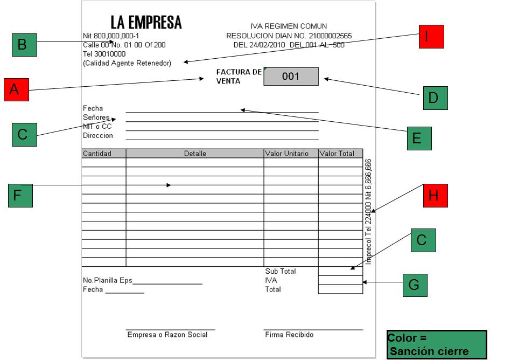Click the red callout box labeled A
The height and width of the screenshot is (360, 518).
[16, 89]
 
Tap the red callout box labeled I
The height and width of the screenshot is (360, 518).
[431, 37]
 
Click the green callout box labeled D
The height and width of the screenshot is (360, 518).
[435, 98]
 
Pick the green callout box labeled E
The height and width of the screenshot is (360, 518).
[419, 138]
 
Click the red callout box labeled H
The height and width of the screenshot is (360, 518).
[435, 196]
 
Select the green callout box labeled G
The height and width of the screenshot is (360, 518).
[415, 285]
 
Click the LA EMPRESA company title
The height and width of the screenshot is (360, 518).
[146, 23]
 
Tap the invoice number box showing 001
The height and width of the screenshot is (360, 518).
[291, 77]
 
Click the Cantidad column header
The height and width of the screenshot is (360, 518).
[97, 154]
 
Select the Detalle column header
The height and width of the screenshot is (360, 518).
[195, 154]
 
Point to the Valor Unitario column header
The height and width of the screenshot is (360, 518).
[287, 154]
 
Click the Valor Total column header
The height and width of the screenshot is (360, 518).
[337, 154]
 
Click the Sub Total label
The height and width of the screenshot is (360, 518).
[280, 271]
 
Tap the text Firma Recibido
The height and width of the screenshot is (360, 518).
[289, 335]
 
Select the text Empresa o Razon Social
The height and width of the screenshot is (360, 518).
[167, 335]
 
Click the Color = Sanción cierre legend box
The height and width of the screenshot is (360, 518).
[437, 345]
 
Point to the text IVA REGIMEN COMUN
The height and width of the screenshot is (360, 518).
[289, 26]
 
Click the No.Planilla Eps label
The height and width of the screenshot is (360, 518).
[108, 280]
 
